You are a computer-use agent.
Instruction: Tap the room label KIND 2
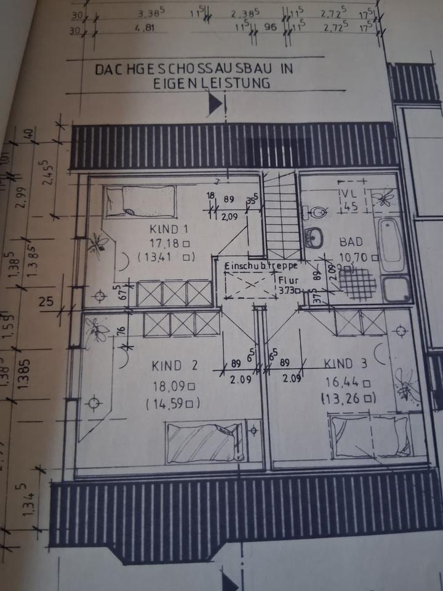[174, 366]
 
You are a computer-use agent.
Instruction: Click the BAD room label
[351, 242]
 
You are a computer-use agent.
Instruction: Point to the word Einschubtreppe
[261, 266]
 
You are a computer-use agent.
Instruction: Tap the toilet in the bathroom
[316, 212]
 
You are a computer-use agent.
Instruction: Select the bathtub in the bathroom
[390, 245]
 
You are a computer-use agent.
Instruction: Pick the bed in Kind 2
[205, 441]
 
